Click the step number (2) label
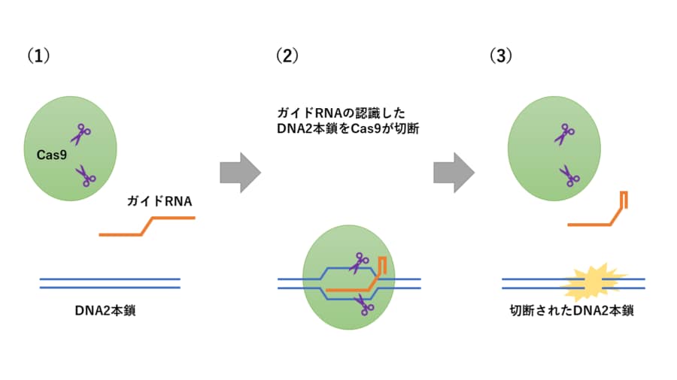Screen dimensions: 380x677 (287, 56)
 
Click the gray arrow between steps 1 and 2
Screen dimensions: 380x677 (239, 173)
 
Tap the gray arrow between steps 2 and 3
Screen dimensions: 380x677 (454, 173)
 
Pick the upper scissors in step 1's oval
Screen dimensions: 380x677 (80, 134)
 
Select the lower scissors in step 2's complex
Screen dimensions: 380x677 (366, 304)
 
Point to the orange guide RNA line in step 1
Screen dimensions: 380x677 (147, 226)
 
